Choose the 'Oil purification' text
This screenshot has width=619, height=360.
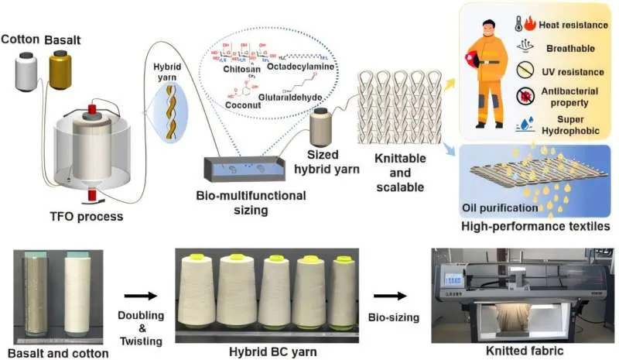click(498, 207)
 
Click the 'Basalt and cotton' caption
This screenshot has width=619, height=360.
click(51, 350)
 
